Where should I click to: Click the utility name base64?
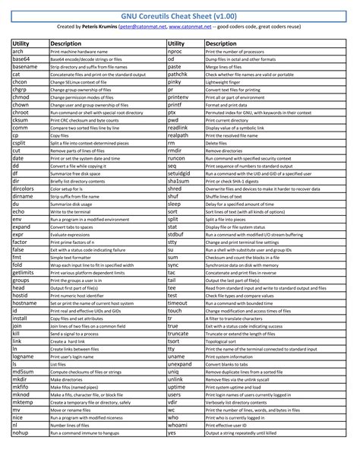point(23,58)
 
